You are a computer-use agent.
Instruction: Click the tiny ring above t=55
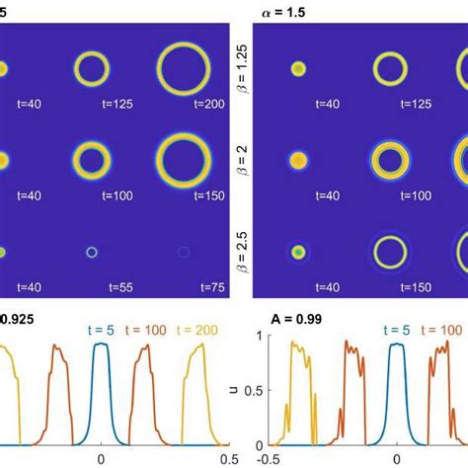(92, 253)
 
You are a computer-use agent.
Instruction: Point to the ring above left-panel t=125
(92, 68)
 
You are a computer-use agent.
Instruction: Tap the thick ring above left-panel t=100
(92, 158)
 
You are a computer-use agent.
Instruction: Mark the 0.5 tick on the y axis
(256, 390)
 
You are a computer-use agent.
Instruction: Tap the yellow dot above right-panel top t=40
(299, 69)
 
